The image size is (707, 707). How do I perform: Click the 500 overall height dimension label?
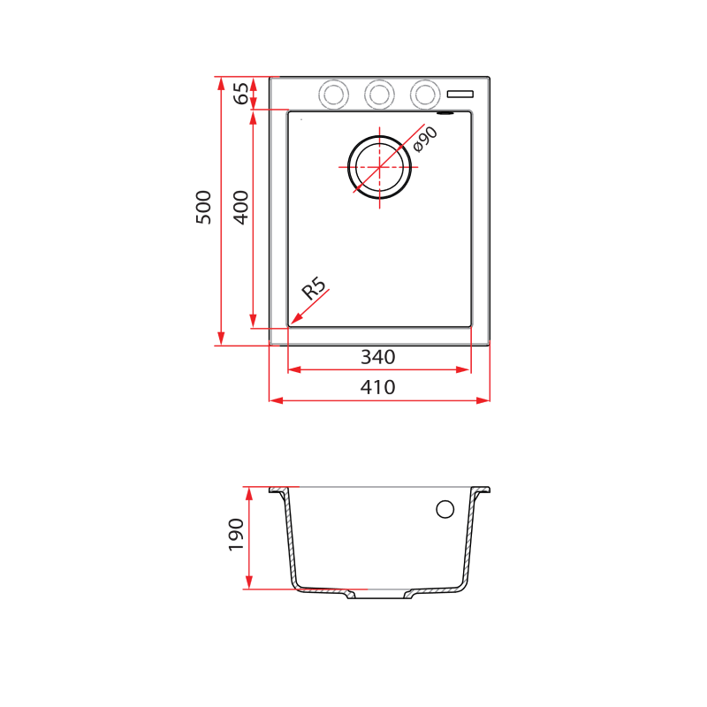(x=204, y=207)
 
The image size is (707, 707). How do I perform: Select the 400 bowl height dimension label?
(x=240, y=207)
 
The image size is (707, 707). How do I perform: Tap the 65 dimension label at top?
(x=240, y=93)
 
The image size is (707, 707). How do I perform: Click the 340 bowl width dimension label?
(x=377, y=357)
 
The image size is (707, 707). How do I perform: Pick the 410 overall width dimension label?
(x=377, y=387)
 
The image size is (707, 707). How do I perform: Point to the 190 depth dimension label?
(x=236, y=535)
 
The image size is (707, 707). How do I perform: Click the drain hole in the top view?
(x=380, y=166)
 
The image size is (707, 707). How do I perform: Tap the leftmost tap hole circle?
(x=334, y=93)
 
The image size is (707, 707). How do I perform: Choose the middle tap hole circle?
(x=379, y=93)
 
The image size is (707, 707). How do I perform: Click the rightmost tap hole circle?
(x=424, y=93)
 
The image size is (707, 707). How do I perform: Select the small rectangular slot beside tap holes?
(x=461, y=93)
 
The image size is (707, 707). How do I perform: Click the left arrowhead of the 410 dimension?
(x=275, y=400)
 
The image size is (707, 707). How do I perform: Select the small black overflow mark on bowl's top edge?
(x=446, y=112)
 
